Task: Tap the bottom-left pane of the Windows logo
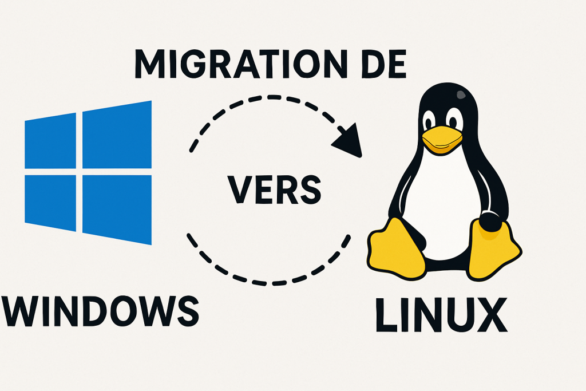click(50, 202)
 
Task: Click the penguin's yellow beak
click(442, 140)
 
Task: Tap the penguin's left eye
click(429, 121)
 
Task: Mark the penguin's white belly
click(444, 200)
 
